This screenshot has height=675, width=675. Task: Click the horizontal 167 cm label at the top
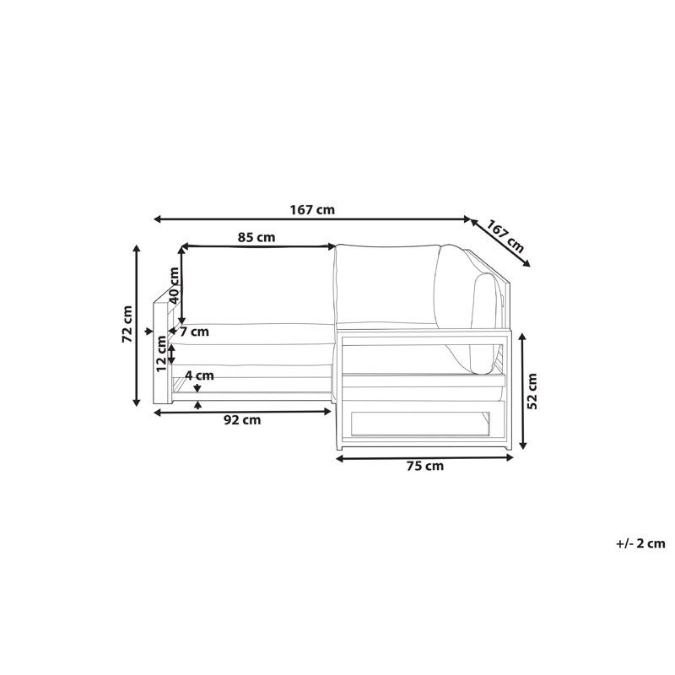[x=312, y=210]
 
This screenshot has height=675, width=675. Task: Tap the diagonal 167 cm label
[x=505, y=236]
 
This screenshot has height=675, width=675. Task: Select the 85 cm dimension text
[x=256, y=237]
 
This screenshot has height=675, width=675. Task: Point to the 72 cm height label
[x=127, y=324]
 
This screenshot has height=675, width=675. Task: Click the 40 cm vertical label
[x=174, y=286]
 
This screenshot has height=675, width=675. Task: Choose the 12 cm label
[x=161, y=354]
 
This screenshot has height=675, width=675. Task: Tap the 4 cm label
[x=199, y=375]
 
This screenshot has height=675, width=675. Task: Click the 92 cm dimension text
[x=242, y=419]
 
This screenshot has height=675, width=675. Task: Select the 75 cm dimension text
[x=425, y=466]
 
